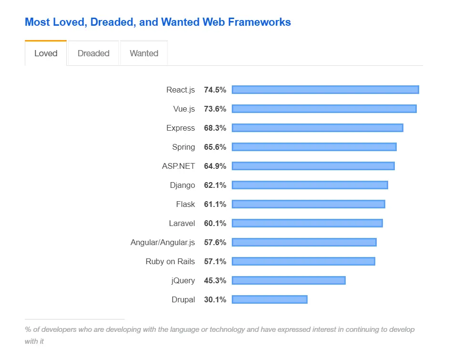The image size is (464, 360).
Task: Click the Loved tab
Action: [x=46, y=53]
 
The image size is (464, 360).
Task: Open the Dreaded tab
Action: [x=93, y=53]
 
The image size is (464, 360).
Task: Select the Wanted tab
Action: [x=144, y=53]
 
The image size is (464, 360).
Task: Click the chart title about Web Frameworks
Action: [x=157, y=22]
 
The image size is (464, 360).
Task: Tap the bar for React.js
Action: [x=325, y=90]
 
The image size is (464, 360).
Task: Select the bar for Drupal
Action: [x=269, y=299]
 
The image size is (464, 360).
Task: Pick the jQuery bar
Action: [x=289, y=280]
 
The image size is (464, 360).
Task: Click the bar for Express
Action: [x=318, y=128]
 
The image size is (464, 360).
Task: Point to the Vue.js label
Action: [x=184, y=109]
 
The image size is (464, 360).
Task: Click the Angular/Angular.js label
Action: [x=163, y=242]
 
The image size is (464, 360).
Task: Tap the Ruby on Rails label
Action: [x=170, y=261]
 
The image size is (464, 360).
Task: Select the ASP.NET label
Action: [x=178, y=166]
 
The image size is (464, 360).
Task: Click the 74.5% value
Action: [x=215, y=90]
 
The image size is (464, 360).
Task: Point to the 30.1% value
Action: [x=215, y=299]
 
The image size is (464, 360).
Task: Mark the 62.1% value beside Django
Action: [x=215, y=185]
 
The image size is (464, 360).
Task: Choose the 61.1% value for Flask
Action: [x=215, y=204]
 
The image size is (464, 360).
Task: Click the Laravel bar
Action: [x=307, y=223]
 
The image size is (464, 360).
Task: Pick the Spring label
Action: [x=184, y=147]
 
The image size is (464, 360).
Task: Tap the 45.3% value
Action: [x=215, y=280]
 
